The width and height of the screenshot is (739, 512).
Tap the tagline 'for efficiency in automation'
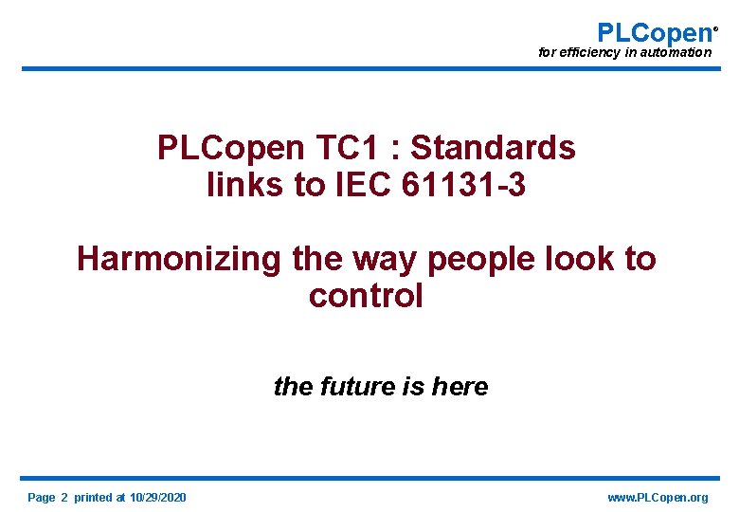624,52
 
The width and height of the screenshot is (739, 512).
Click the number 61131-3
464,186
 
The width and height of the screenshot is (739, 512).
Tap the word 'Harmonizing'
179,258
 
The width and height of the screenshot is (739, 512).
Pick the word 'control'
366,296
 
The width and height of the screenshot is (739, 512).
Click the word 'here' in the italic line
460,387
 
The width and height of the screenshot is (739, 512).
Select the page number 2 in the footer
64,498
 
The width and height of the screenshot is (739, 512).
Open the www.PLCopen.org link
658,498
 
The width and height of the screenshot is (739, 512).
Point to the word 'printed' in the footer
92,498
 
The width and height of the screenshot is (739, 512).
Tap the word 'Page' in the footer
42,498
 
